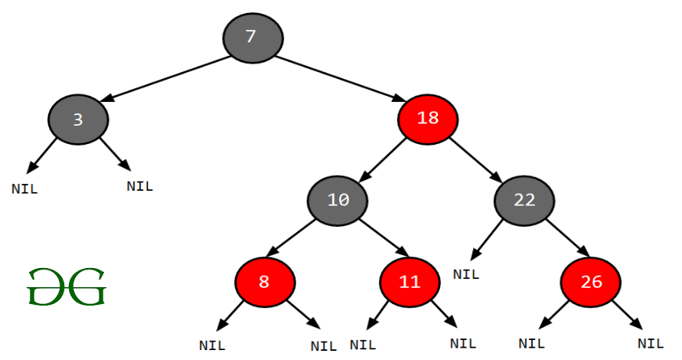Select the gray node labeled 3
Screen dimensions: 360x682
coord(77,119)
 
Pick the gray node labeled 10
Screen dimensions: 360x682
coord(338,201)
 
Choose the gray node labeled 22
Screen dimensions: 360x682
coord(524,201)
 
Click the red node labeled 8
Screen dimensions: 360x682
coord(264,281)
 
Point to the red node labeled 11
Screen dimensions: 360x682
coord(410,281)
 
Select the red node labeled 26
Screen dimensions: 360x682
coord(591,281)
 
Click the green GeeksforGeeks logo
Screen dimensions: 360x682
coord(66,286)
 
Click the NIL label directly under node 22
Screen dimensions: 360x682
coord(465,273)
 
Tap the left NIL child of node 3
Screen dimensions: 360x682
coord(24,189)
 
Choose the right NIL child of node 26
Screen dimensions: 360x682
coord(651,343)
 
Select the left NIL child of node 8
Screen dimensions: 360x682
coord(212,345)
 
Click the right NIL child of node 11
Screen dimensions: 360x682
coord(462,343)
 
